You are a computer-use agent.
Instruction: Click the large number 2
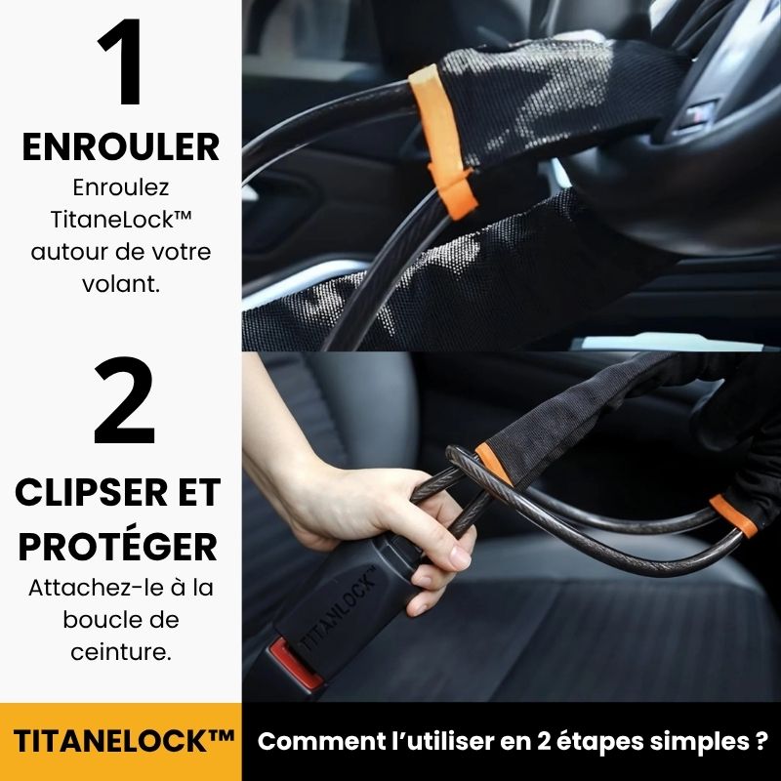pos(125,400)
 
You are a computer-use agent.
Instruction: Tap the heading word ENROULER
pos(120,147)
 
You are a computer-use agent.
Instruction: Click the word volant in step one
pos(121,284)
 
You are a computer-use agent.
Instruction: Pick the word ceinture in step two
pos(121,651)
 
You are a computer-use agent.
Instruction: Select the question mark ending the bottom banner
pos(760,741)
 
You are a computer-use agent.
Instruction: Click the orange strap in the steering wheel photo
pos(443,142)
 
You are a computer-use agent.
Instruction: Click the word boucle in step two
pos(121,620)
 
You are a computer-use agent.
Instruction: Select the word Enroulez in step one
pos(121,187)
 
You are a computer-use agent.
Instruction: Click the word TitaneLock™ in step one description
pos(121,219)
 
